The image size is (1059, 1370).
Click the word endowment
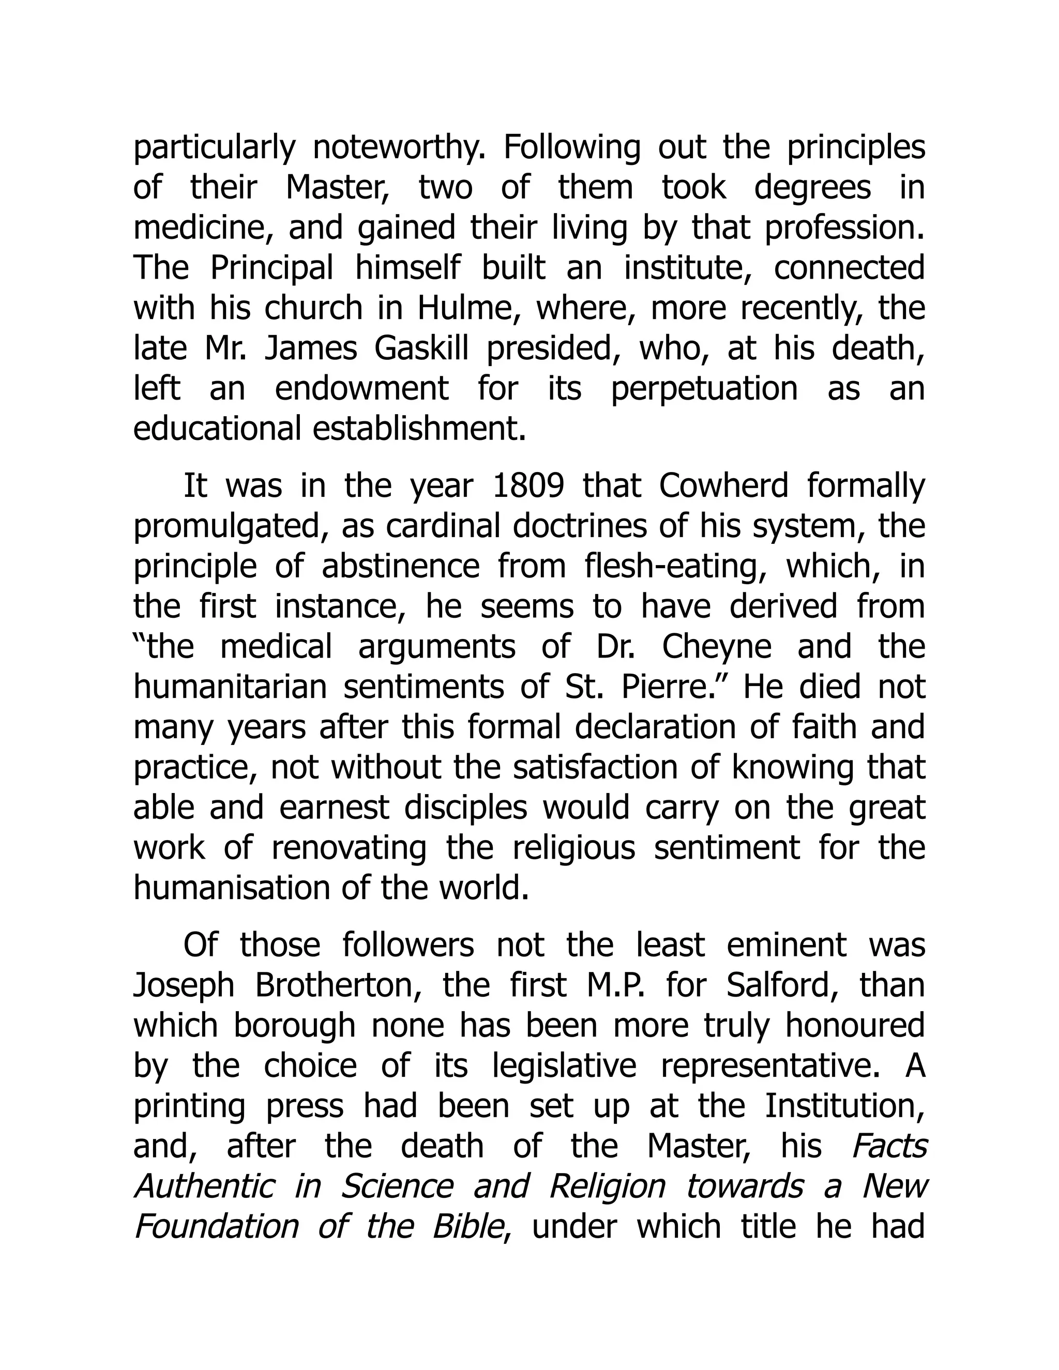click(362, 389)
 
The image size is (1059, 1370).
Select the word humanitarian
click(230, 687)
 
